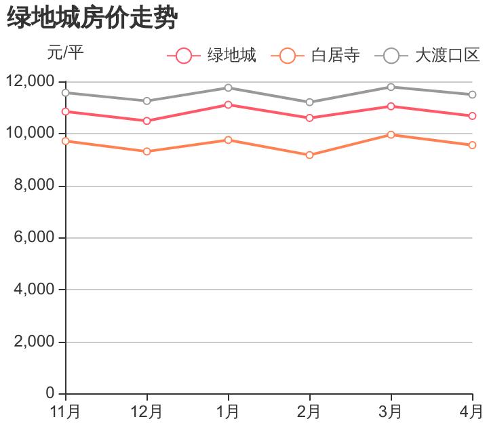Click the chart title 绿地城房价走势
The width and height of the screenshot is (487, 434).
point(92,18)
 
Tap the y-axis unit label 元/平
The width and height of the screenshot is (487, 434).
point(65,52)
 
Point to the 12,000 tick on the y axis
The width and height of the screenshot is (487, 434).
point(30,81)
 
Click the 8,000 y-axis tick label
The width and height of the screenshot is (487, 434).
point(34,186)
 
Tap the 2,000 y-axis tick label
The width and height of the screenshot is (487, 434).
point(34,342)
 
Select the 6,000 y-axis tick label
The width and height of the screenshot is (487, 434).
point(34,238)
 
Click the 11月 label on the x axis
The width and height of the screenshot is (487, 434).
point(66,412)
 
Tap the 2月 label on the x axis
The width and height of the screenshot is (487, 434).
point(310,412)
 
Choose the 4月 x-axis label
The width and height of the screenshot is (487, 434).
point(471,412)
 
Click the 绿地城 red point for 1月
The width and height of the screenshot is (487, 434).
point(229,104)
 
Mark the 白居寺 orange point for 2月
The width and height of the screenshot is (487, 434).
point(310,155)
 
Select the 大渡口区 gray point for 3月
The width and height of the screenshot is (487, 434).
point(391,87)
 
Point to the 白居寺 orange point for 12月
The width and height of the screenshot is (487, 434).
point(147,151)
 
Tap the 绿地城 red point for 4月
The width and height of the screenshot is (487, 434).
point(473,116)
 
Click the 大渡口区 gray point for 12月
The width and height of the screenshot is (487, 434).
point(147,101)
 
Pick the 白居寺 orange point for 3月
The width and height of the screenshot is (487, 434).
point(391,135)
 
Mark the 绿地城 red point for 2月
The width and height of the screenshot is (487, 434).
point(310,118)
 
